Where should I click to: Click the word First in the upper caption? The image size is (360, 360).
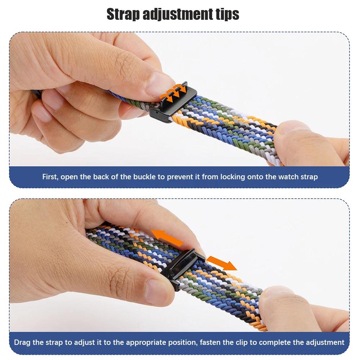(x=50, y=177)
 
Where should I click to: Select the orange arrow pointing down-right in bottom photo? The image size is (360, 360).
(x=221, y=263)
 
